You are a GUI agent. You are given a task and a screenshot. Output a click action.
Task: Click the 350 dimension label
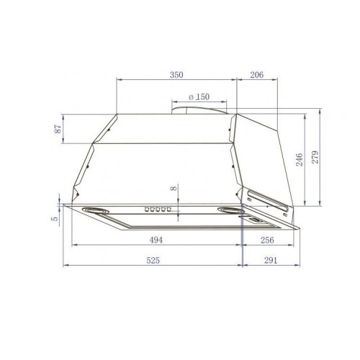point(176,75)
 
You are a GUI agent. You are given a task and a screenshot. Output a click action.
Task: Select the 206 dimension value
point(257,75)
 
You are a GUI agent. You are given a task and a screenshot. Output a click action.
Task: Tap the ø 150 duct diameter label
point(199,97)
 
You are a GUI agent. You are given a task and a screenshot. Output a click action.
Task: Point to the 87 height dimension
point(58,129)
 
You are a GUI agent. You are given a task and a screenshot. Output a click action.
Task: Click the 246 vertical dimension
point(300,160)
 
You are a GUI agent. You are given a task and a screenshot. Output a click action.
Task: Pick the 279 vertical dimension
point(315,157)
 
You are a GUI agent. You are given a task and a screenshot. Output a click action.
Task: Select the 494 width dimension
point(156,240)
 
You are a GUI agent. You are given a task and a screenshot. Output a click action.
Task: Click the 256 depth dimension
point(267,240)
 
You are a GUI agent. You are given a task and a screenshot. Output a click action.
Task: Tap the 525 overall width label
point(153,260)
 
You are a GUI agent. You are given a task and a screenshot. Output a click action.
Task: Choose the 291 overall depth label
point(271,260)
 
